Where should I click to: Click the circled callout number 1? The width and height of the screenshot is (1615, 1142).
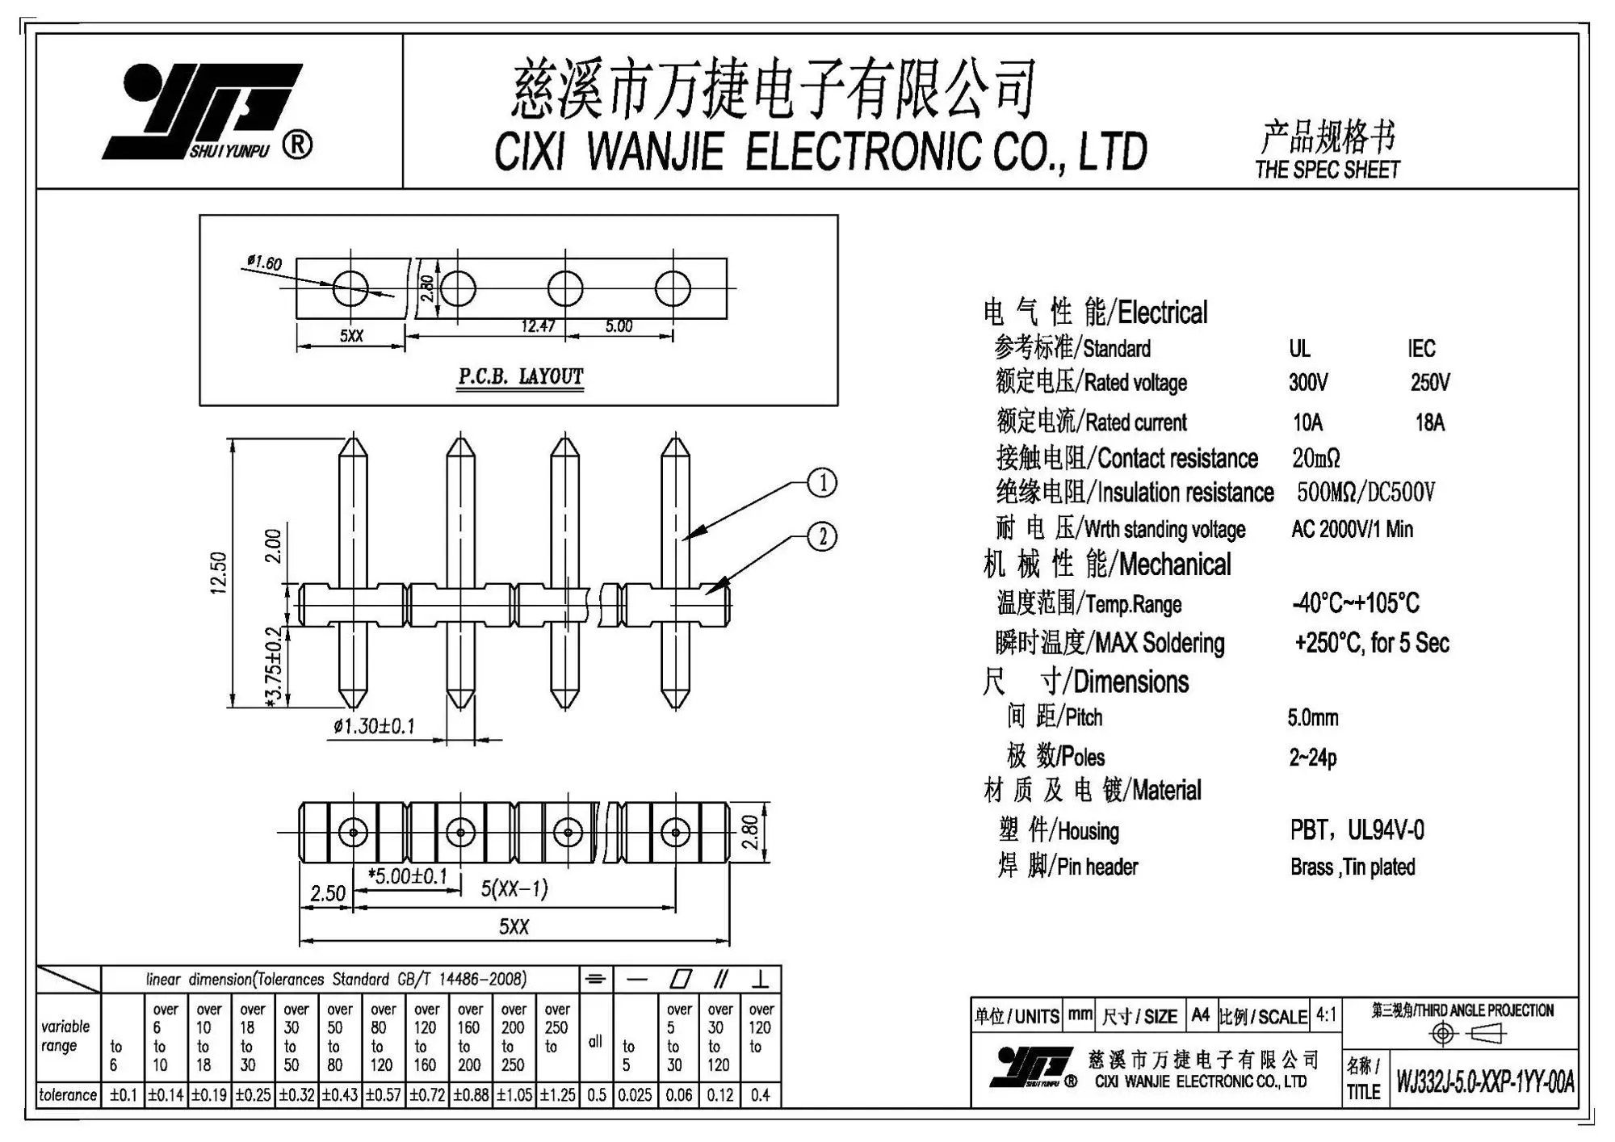[822, 484]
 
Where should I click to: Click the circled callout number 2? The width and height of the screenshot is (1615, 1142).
[822, 537]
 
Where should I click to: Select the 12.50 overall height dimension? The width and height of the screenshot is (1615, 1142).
[219, 573]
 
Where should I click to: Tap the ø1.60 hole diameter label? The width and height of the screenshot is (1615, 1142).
[264, 262]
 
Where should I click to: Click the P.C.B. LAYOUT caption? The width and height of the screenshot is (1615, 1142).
[521, 377]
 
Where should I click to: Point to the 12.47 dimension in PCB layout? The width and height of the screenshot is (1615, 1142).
[538, 326]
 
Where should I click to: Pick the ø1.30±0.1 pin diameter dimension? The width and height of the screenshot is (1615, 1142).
[374, 726]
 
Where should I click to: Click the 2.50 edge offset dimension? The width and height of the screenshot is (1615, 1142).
[328, 893]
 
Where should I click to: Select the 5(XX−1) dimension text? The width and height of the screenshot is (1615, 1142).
[514, 889]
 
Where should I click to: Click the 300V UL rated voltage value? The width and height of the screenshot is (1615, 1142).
[1308, 382]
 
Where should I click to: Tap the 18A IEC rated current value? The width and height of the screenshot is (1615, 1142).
[1429, 422]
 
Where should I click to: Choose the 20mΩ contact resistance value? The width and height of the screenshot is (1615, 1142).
[1315, 459]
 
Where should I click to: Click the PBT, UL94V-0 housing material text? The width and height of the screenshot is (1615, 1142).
[1357, 830]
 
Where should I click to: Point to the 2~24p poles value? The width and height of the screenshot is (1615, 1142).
[1312, 758]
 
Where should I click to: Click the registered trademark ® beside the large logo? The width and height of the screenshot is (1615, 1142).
[297, 145]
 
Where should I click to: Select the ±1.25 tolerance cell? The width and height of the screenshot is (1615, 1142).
[557, 1095]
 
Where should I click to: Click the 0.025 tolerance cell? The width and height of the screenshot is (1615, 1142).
[635, 1095]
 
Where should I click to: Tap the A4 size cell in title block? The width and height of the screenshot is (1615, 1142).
[1200, 1015]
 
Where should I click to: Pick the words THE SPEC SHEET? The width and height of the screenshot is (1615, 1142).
[1328, 170]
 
